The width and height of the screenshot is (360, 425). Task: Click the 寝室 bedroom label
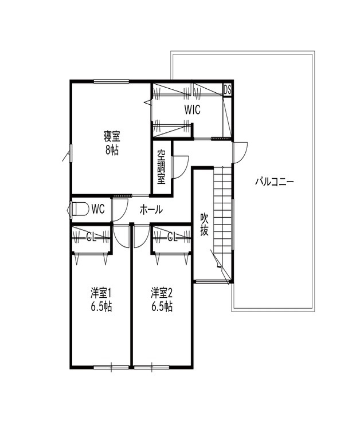coord(112,136)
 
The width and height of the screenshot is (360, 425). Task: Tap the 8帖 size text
coord(112,150)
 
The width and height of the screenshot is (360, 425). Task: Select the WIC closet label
coord(192,110)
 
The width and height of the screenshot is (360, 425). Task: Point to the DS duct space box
coord(227,89)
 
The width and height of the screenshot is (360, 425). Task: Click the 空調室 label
coord(161,167)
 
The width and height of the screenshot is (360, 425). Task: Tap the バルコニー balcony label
coord(274,182)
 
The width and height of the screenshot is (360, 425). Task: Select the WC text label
coord(97,210)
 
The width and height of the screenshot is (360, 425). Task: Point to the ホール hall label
coord(151,210)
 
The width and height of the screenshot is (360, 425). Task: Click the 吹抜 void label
coord(204,225)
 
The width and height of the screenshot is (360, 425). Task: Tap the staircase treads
coord(222,206)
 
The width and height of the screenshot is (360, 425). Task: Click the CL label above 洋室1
coord(91,236)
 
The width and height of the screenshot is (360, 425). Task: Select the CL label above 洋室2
coord(171,236)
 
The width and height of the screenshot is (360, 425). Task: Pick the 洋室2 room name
coord(162,293)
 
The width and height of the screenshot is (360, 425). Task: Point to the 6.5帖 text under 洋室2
coord(162,306)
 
